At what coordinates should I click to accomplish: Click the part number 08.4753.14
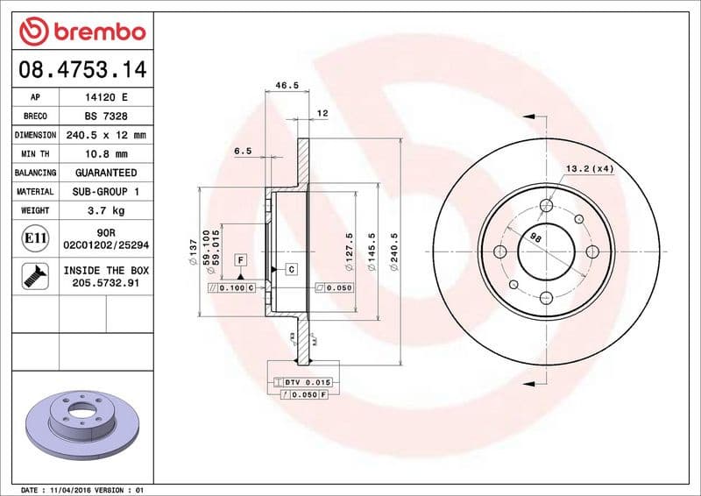coord(81,68)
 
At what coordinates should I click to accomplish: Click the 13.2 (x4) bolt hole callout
coord(589,168)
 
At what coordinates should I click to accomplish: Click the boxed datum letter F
coord(239,260)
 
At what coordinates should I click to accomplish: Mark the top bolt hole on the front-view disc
coord(547,206)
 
